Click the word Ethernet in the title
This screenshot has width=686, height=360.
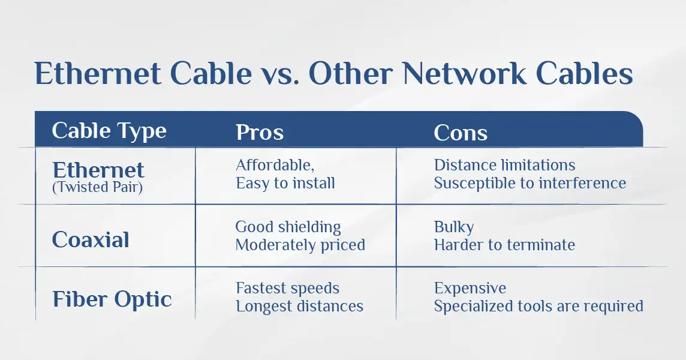(98, 73)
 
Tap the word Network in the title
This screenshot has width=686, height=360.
(464, 73)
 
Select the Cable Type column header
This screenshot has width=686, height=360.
(109, 131)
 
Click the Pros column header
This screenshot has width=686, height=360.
(260, 132)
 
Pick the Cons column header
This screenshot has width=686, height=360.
(461, 133)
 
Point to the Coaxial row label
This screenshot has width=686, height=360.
(91, 240)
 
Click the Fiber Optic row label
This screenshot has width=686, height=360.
(112, 299)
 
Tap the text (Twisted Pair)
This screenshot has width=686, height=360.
(97, 187)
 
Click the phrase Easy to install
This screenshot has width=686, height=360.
(285, 183)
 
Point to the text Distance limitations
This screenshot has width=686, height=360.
(504, 165)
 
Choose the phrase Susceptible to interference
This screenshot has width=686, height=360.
(530, 183)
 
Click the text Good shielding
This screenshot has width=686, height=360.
(288, 227)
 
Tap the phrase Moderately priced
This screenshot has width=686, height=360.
(300, 245)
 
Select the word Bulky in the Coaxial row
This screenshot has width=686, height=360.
(454, 227)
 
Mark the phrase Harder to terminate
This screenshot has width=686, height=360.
(504, 245)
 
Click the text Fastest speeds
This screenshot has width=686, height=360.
(287, 288)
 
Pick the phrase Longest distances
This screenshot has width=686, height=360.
(300, 306)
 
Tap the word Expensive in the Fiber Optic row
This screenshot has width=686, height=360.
(470, 288)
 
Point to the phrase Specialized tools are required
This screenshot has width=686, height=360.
(538, 306)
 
